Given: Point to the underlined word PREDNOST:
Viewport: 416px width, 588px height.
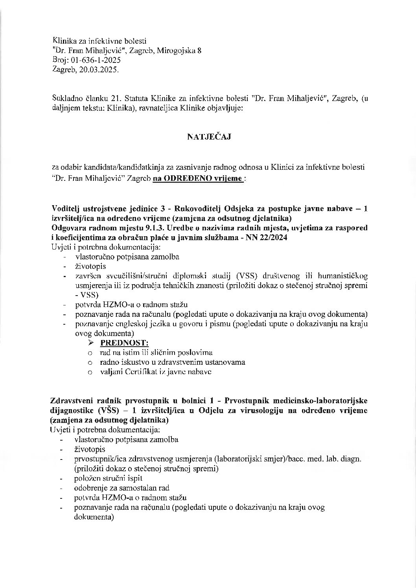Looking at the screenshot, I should click(x=124, y=343).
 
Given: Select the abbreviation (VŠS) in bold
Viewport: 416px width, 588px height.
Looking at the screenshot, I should click(x=105, y=410).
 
